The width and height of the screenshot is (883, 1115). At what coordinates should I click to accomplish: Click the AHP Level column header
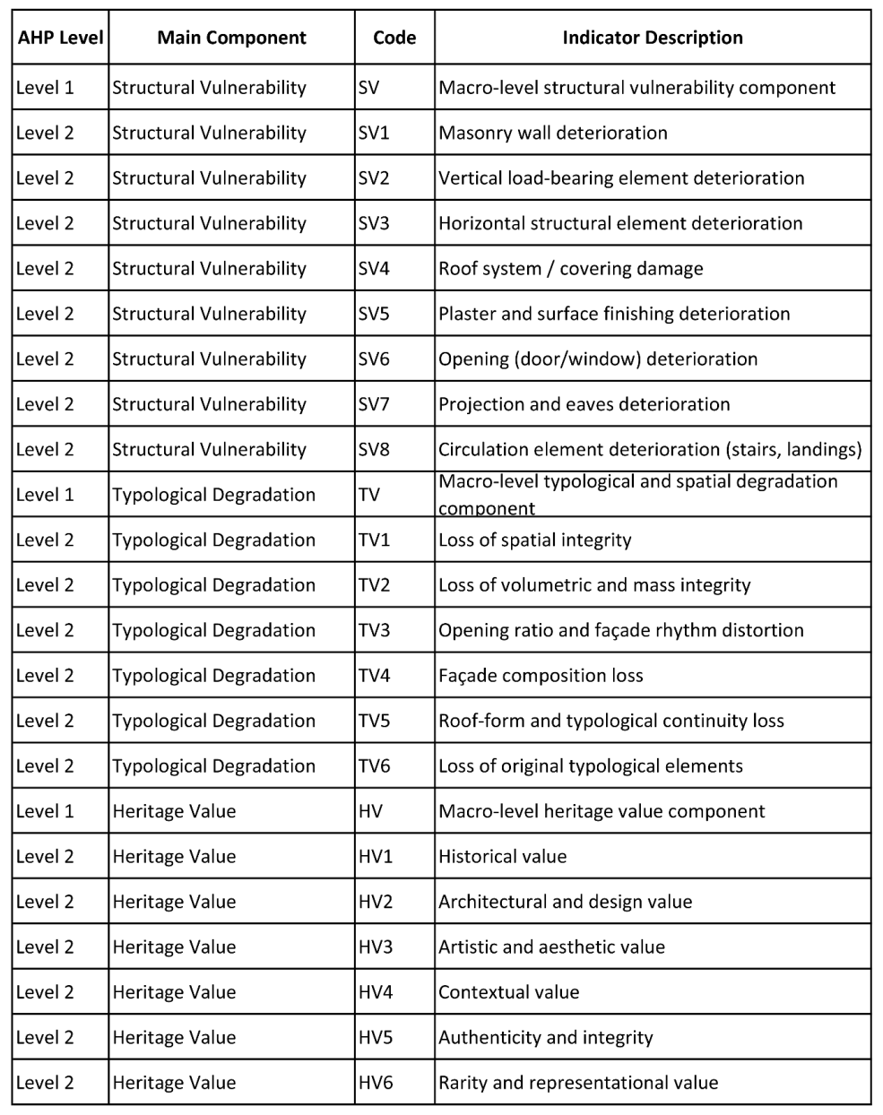click(60, 38)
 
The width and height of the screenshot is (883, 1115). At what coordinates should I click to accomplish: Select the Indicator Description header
click(652, 38)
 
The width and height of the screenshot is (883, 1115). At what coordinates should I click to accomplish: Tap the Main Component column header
click(231, 38)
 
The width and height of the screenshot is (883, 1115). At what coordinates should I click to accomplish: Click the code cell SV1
click(374, 133)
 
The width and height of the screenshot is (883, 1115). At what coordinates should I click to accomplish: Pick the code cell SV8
click(374, 449)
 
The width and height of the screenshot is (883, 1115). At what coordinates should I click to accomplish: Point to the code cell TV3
click(374, 630)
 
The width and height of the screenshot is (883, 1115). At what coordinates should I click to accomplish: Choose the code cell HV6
click(376, 1082)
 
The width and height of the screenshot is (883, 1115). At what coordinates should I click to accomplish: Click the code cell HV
click(370, 811)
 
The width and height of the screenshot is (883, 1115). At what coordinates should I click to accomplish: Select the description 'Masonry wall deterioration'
click(552, 133)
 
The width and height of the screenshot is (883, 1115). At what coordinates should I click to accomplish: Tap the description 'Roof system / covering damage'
click(570, 268)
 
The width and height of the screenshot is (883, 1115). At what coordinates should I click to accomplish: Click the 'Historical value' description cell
click(502, 856)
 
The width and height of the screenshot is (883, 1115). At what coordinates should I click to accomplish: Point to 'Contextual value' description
click(508, 992)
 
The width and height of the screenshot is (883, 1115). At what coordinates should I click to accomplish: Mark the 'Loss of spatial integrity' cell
click(534, 540)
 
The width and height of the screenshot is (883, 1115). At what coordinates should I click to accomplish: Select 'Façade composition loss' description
click(541, 675)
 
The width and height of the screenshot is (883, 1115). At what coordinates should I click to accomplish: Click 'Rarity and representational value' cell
click(578, 1082)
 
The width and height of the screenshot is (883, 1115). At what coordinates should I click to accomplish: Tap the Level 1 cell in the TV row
click(45, 495)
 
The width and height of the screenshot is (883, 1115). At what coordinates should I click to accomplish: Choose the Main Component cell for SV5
click(209, 314)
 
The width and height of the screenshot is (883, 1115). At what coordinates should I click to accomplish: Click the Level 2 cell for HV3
click(45, 946)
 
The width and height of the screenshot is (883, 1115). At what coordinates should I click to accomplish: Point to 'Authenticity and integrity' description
click(545, 1037)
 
